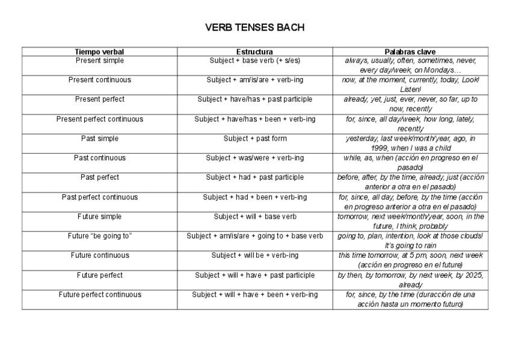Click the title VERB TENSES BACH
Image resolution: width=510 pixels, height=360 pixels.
pyautogui.click(x=254, y=28)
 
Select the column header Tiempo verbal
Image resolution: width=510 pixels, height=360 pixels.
pyautogui.click(x=99, y=52)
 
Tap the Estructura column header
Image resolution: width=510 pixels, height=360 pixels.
pyautogui.click(x=254, y=52)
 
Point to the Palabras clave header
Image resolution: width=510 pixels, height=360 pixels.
pyautogui.click(x=410, y=52)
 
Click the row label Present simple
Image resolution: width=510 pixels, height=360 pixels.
pyautogui.click(x=100, y=61)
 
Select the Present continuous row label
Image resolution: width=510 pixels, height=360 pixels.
pyautogui.click(x=100, y=80)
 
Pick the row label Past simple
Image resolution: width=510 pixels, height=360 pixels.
pyautogui.click(x=100, y=139)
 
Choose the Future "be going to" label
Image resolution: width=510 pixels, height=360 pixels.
pyautogui.click(x=100, y=236)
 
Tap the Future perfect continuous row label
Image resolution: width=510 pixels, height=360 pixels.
pyautogui.click(x=100, y=294)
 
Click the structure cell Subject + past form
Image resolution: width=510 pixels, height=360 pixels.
pyautogui.click(x=255, y=139)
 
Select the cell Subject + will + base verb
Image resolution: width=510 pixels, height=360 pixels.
pyautogui.click(x=255, y=216)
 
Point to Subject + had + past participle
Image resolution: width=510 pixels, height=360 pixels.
pyautogui.click(x=255, y=177)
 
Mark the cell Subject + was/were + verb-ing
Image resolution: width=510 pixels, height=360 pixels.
pyautogui.click(x=255, y=158)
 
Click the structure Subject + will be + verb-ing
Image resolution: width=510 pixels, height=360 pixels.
pyautogui.click(x=255, y=255)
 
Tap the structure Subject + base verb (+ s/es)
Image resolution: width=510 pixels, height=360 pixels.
pyautogui.click(x=255, y=61)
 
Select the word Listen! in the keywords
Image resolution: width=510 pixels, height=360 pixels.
pyautogui.click(x=411, y=90)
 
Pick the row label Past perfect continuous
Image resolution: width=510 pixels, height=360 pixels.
pyautogui.click(x=100, y=197)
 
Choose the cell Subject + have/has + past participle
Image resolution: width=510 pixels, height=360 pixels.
pyautogui.click(x=255, y=100)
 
